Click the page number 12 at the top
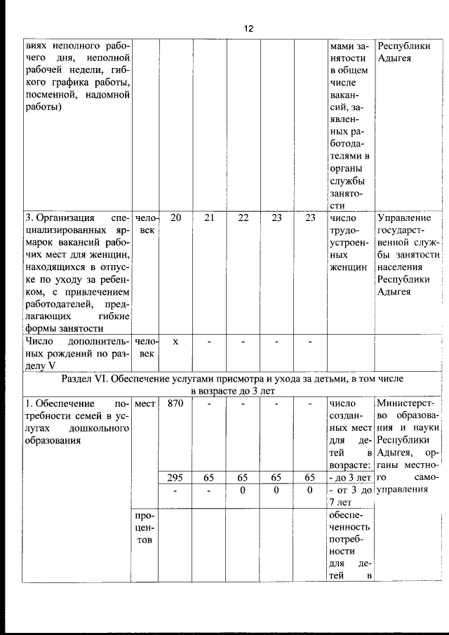click(248, 29)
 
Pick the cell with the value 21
click(208, 218)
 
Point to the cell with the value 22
click(243, 218)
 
